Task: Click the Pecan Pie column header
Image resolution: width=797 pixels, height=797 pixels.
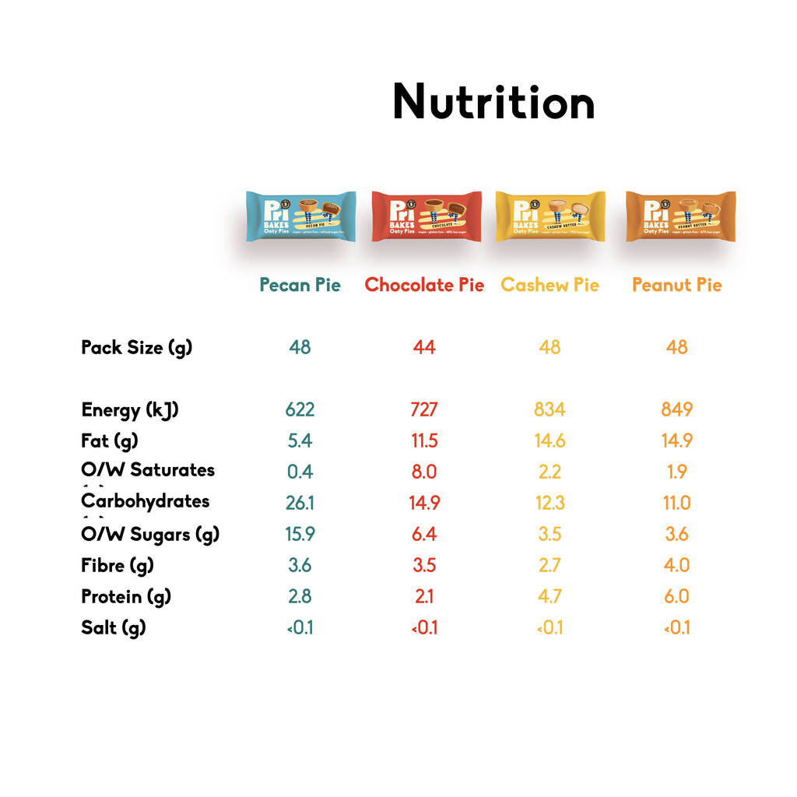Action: [x=300, y=285]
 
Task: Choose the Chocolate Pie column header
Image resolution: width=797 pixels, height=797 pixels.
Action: [x=424, y=285]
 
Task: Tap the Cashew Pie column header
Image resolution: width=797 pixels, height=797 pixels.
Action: [x=549, y=285]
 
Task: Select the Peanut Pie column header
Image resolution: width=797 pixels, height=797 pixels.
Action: [x=676, y=285]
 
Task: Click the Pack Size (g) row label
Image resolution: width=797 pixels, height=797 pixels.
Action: [x=136, y=347]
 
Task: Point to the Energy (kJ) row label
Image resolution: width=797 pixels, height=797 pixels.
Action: [x=130, y=410]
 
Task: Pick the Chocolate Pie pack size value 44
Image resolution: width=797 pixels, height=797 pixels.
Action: [x=424, y=347]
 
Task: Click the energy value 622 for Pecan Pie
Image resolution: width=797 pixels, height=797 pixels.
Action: [x=300, y=410]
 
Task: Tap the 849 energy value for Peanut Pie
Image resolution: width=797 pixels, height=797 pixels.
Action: [x=676, y=410]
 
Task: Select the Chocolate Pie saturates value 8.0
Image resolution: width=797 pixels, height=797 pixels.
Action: [x=424, y=472]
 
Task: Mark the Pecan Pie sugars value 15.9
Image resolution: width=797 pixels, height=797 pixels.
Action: [x=300, y=534]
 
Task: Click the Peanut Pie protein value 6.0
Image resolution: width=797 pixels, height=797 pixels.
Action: [x=676, y=596]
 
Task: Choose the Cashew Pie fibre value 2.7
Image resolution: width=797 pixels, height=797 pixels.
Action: [x=549, y=565]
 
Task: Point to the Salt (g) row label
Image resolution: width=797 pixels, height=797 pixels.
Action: [x=114, y=627]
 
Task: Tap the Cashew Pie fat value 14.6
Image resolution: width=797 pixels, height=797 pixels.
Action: [x=549, y=441]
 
